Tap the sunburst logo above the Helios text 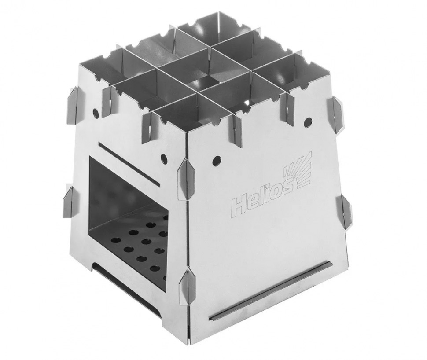click(298, 170)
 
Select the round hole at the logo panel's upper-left click(217, 160)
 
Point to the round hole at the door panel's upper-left click(96, 112)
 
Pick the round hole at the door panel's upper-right click(164, 158)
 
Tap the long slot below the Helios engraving click(271, 290)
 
